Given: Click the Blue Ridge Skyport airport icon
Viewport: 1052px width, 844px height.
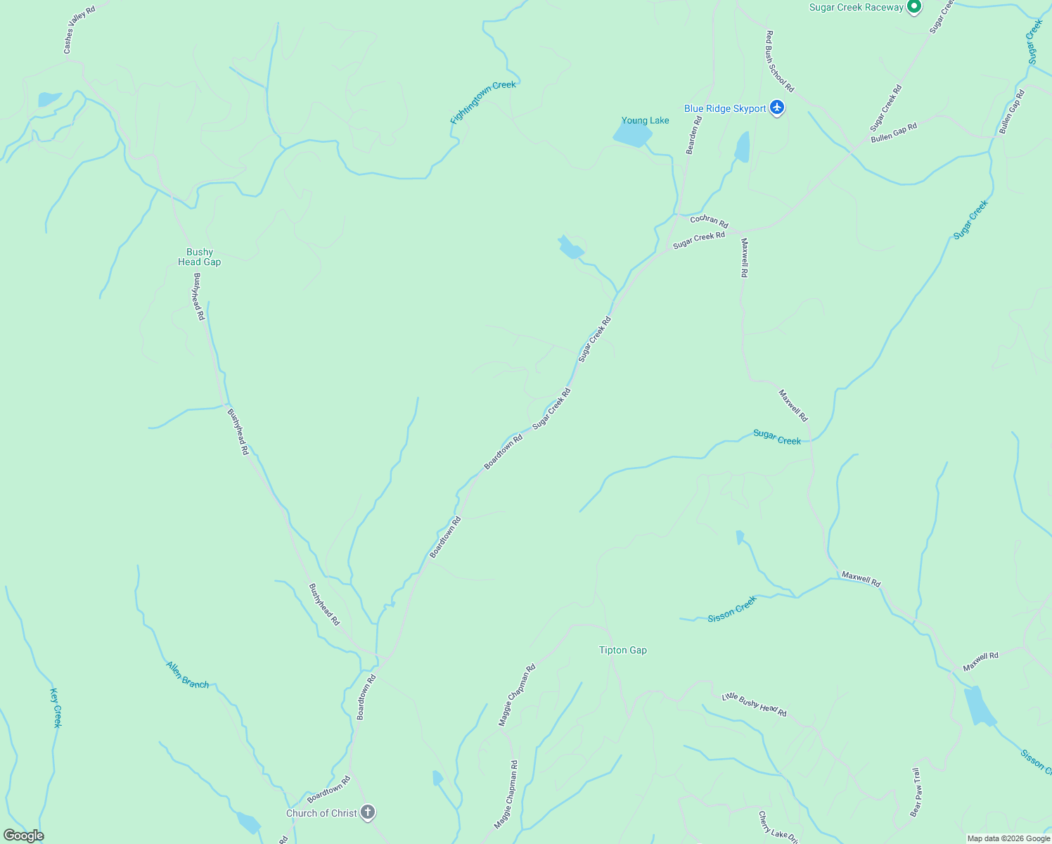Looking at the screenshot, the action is (776, 108).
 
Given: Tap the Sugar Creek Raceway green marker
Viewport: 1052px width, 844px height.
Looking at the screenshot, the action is (913, 7).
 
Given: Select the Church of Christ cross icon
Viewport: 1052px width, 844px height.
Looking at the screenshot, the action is (367, 813).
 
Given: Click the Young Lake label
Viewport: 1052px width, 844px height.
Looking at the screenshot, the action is (645, 120).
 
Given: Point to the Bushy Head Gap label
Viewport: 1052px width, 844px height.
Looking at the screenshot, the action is (199, 257).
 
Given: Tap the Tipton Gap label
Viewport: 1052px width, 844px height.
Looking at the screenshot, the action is (622, 650).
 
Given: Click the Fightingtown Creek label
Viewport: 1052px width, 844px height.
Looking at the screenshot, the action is (483, 103).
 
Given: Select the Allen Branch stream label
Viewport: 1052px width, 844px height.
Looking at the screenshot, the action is (187, 674).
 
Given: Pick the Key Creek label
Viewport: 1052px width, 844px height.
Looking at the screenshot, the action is (56, 707).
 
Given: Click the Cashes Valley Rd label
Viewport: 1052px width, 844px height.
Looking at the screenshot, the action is (79, 30).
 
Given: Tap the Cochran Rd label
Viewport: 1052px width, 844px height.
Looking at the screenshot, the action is (709, 221).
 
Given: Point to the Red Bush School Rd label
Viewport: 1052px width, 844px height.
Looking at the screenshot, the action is (779, 61).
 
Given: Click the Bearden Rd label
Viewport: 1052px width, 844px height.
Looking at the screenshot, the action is (693, 134).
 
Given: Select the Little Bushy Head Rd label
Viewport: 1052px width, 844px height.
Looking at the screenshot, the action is (754, 705).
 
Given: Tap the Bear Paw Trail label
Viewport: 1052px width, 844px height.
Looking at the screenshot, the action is (915, 792).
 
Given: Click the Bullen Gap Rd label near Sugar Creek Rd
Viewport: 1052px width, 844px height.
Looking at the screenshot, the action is (894, 133).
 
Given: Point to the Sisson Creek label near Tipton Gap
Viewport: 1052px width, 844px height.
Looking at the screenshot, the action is (732, 609).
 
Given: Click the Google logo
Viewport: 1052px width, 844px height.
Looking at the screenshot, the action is (23, 836).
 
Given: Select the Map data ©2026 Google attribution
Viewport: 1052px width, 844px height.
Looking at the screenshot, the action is (1008, 838).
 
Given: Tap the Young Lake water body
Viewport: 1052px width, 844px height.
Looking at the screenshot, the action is (632, 134).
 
